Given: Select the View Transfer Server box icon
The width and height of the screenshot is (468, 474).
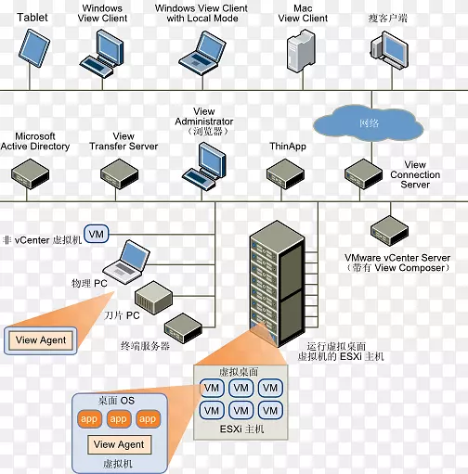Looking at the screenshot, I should coord(120,173).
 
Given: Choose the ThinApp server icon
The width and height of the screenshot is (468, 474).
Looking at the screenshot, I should coord(285,173).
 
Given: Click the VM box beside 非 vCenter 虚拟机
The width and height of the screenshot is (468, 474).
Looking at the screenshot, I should coord(97,232).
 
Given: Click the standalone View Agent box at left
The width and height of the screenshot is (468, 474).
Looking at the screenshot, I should coord(41,340).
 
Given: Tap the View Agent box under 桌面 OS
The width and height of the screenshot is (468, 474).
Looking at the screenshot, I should coord(118,444).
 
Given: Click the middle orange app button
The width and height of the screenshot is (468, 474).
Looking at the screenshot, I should coord(118,419).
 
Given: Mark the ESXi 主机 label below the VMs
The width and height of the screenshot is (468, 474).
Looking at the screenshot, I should coord(241,429).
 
